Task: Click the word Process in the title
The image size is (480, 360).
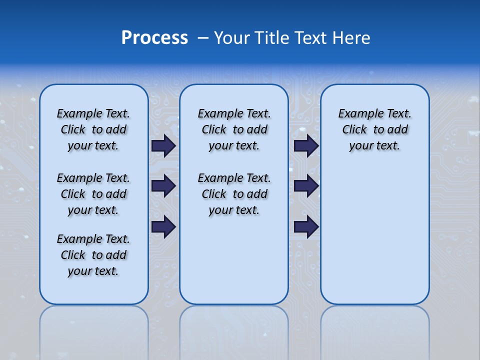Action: [x=154, y=38]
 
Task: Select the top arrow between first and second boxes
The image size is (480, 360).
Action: [x=163, y=146]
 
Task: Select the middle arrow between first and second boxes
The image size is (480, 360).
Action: [x=163, y=186]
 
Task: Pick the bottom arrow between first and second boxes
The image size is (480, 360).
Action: [x=163, y=226]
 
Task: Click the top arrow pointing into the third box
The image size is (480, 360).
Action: [x=306, y=146]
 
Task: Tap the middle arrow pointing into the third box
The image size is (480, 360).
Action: [x=306, y=186]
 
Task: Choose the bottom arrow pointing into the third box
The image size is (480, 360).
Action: [x=306, y=226]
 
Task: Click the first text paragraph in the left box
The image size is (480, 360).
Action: [x=93, y=129]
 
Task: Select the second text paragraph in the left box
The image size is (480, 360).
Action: [x=93, y=194]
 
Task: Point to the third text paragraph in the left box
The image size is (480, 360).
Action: [x=93, y=255]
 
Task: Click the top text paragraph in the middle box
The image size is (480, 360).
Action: [x=234, y=129]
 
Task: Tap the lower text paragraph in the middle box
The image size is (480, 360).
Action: [x=234, y=194]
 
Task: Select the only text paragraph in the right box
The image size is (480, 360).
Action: [x=374, y=129]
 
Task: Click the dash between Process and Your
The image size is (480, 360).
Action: [x=203, y=38]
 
